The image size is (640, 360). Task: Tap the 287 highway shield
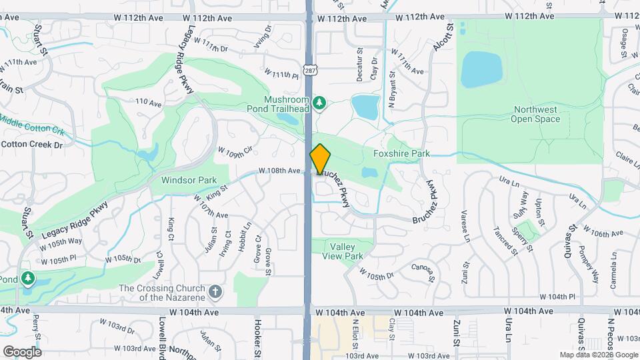[x=310, y=69]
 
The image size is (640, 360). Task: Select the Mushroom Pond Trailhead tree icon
[x=320, y=103]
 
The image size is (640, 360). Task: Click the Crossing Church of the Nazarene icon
[x=215, y=291]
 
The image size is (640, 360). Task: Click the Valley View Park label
[x=343, y=251]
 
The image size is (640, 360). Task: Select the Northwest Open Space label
[x=535, y=115]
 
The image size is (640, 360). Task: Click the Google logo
[x=22, y=351]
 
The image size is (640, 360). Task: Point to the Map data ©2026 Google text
[x=599, y=355]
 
